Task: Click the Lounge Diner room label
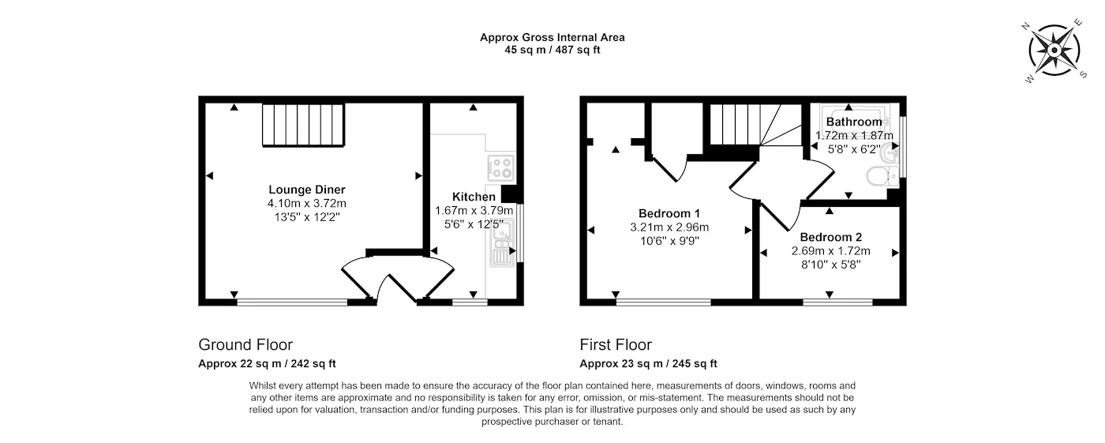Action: click(307, 190)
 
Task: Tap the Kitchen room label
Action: click(474, 197)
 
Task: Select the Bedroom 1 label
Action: click(669, 213)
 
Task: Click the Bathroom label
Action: click(853, 122)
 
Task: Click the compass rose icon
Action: click(1054, 51)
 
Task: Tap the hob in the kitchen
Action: click(501, 167)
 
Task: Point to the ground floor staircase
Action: click(304, 126)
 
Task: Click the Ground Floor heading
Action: click(245, 345)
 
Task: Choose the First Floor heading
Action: click(616, 345)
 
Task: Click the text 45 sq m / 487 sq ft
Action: click(552, 50)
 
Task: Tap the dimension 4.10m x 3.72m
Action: click(307, 203)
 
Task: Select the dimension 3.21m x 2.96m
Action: click(669, 227)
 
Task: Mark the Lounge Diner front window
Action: click(291, 301)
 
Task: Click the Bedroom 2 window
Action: click(837, 302)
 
